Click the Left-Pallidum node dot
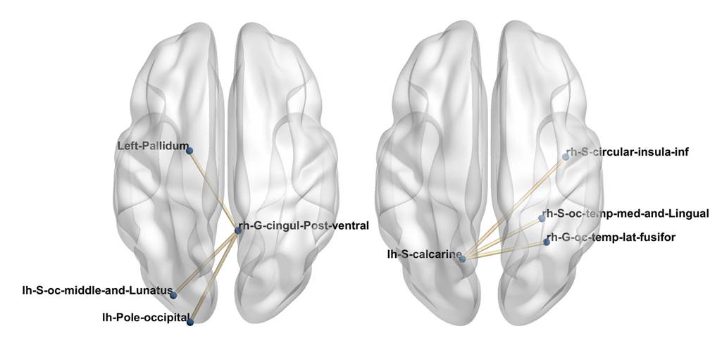189,149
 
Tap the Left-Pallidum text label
153,147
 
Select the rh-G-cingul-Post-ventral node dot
238,230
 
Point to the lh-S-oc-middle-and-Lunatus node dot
173,294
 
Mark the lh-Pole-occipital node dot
190,322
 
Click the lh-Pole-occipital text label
144,317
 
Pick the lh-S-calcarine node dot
462,259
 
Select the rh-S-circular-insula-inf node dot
566,156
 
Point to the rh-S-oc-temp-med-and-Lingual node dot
542,218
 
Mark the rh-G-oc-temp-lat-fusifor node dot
547,242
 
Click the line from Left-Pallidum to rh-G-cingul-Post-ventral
213,190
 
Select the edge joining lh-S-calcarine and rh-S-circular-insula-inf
514,208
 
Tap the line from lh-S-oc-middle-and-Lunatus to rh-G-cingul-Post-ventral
206,262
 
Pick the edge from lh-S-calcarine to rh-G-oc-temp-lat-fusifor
504,250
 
